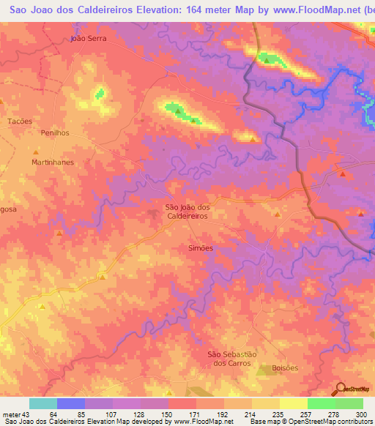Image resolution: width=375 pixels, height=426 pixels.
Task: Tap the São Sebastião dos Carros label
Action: click(x=231, y=359)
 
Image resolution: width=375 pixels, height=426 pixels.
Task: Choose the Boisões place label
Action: click(x=284, y=368)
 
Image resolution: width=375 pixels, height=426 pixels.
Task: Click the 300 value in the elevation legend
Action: click(x=362, y=414)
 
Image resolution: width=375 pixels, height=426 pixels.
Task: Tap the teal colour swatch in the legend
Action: click(x=43, y=403)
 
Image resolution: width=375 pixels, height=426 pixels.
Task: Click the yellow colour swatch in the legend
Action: click(x=293, y=403)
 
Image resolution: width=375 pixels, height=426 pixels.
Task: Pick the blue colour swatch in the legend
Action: click(x=71, y=403)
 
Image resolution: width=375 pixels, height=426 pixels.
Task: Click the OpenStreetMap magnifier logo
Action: click(x=339, y=389)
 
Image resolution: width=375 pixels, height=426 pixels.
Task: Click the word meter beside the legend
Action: click(x=12, y=414)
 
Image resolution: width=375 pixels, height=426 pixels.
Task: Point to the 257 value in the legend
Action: click(x=307, y=414)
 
